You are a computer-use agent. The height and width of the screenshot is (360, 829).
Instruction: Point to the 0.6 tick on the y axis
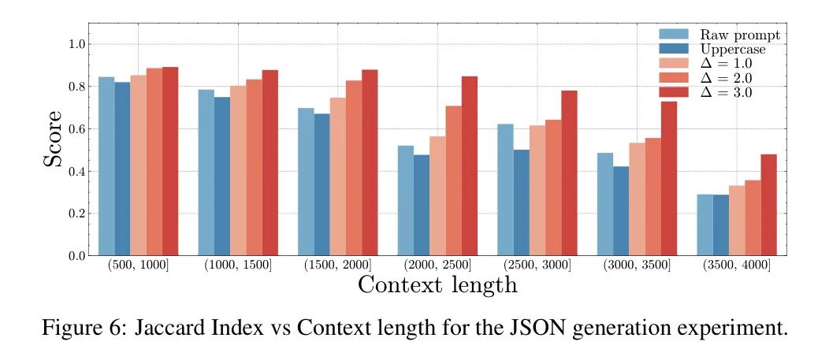pyautogui.click(x=77, y=129)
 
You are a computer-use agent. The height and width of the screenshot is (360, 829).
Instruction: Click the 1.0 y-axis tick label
pyautogui.click(x=77, y=44)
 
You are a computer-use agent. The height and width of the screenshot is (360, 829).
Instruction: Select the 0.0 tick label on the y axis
pyautogui.click(x=77, y=256)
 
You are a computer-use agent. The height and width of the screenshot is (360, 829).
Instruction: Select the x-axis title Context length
pyautogui.click(x=437, y=284)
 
